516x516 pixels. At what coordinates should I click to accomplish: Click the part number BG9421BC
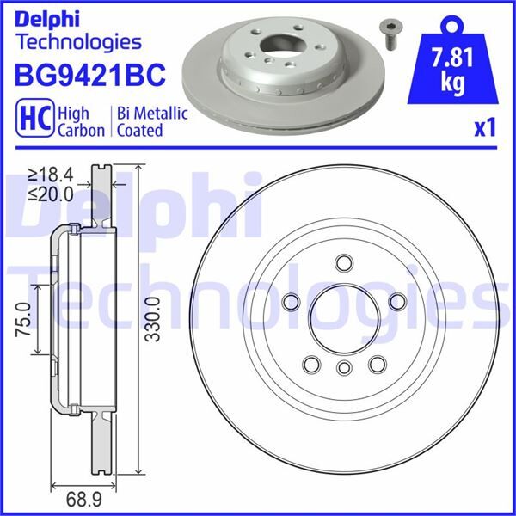(89, 75)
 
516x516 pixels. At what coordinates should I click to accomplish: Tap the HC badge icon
(35, 118)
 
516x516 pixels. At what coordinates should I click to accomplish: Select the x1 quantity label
(485, 128)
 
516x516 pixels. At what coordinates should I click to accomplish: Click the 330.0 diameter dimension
(153, 319)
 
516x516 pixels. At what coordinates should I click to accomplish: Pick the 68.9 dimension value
(84, 500)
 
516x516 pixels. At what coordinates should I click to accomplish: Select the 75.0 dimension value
(24, 319)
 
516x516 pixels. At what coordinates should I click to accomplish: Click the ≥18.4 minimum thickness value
(51, 175)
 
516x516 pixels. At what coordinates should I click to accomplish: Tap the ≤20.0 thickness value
(51, 194)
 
